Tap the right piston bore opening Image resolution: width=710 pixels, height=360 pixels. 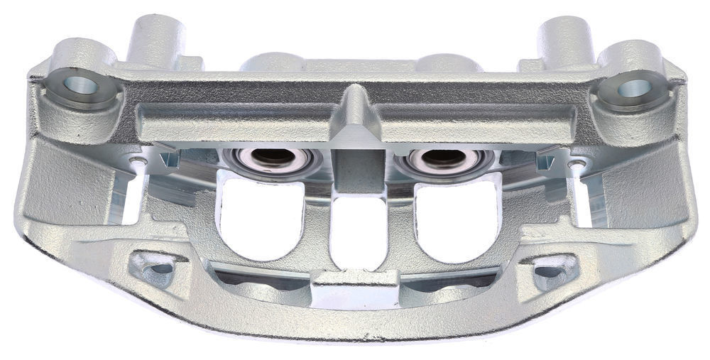click(444, 158)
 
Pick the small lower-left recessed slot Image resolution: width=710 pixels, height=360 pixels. click(158, 268)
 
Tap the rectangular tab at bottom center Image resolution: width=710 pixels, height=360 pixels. click(355, 287)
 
